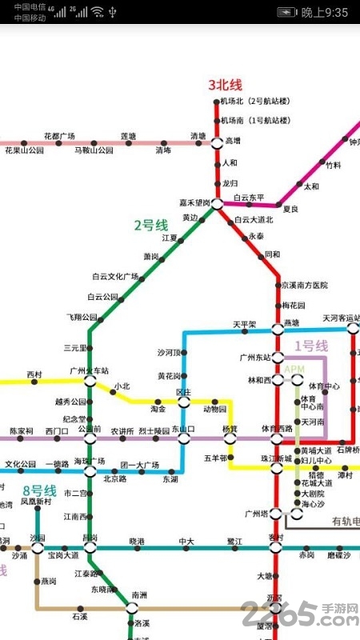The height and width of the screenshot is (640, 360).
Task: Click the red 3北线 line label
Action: [225, 84]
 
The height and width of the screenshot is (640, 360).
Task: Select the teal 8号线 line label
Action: [39, 490]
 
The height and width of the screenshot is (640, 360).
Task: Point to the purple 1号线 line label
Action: [311, 346]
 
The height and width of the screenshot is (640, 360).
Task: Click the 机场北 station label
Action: [254, 102]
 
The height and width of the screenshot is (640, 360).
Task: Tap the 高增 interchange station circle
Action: [217, 142]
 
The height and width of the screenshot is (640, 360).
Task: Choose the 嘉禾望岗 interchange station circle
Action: [217, 204]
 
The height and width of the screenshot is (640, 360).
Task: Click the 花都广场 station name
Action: [59, 135]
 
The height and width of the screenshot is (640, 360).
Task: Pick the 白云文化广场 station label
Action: [115, 276]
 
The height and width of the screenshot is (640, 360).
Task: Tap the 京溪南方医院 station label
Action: [304, 285]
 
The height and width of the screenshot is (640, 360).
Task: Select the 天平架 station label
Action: [244, 324]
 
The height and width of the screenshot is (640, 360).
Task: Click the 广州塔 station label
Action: [255, 513]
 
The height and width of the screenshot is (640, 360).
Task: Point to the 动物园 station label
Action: [214, 409]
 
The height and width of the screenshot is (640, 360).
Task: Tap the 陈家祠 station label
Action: [22, 431]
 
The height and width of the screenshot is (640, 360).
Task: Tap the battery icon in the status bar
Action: [286, 12]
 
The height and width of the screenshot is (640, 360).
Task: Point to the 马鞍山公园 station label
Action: [94, 150]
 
